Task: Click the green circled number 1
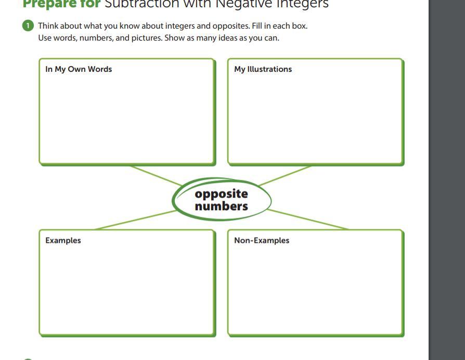(28, 25)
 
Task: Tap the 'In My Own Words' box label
(79, 69)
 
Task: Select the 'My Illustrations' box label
(263, 69)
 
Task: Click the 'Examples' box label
(63, 240)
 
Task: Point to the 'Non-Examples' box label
(262, 240)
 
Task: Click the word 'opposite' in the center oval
(221, 194)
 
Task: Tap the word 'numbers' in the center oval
(221, 206)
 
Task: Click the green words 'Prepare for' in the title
(61, 4)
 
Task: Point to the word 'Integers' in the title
(302, 4)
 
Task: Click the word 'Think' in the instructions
(48, 25)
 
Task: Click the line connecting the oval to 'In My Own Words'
(157, 175)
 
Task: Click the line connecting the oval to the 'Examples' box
(135, 220)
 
